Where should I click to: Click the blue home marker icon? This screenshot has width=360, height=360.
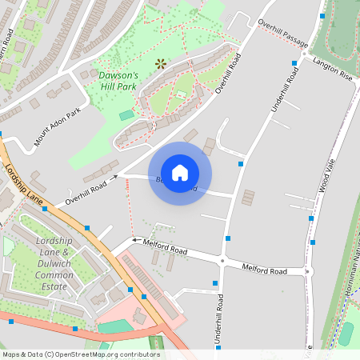[180, 172]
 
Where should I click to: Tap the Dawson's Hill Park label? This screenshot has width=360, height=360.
[118, 81]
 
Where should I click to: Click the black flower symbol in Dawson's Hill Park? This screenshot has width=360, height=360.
[161, 62]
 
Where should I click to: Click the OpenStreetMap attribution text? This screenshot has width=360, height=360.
[80, 354]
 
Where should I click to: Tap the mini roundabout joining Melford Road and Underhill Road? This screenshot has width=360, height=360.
[222, 260]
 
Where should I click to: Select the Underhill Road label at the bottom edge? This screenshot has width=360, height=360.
[218, 320]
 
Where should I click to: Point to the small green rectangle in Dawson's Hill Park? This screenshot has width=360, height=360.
[126, 116]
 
